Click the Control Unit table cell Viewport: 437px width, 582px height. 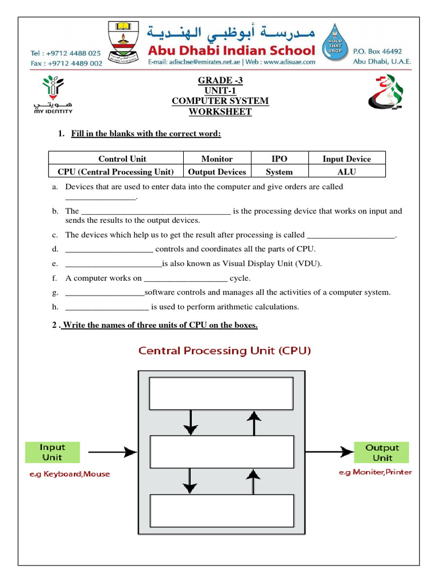pos(116,159)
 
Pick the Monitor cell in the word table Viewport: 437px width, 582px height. pos(217,159)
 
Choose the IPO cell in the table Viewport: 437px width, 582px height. pos(279,159)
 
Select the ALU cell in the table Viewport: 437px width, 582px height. pos(347,172)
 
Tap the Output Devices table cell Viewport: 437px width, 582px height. pos(217,172)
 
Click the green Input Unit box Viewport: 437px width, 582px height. pos(52,452)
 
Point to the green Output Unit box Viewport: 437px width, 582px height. pos(382,452)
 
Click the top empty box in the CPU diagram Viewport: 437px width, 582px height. pos(221,394)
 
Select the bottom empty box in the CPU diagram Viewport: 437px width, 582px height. pos(221,511)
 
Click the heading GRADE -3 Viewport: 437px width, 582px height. pos(220,80)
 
